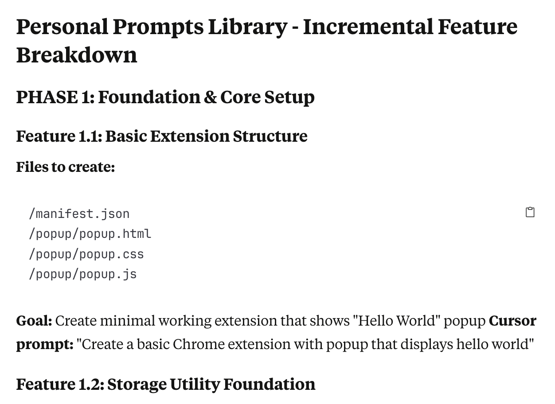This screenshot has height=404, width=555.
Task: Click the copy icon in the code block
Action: click(x=530, y=212)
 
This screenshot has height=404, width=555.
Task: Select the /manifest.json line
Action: click(x=79, y=214)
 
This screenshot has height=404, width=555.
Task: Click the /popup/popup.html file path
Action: click(x=90, y=234)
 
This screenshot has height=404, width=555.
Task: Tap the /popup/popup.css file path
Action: click(x=86, y=254)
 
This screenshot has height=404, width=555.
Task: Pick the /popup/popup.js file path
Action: click(x=83, y=274)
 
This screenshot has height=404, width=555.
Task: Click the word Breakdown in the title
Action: click(x=77, y=55)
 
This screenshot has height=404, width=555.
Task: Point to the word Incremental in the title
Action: click(x=368, y=27)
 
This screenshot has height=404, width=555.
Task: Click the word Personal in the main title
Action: click(x=62, y=27)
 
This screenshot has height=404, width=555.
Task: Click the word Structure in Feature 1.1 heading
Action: click(x=270, y=136)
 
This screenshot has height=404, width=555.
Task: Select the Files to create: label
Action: click(x=66, y=167)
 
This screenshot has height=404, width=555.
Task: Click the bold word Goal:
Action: click(x=34, y=321)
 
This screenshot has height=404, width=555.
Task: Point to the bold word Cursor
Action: click(x=512, y=321)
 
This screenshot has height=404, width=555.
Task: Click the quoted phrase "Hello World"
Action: click(x=397, y=321)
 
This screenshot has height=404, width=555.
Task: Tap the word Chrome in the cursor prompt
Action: click(x=199, y=344)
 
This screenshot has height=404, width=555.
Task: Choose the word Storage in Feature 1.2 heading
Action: click(x=137, y=385)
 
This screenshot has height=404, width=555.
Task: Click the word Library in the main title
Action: click(x=248, y=27)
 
